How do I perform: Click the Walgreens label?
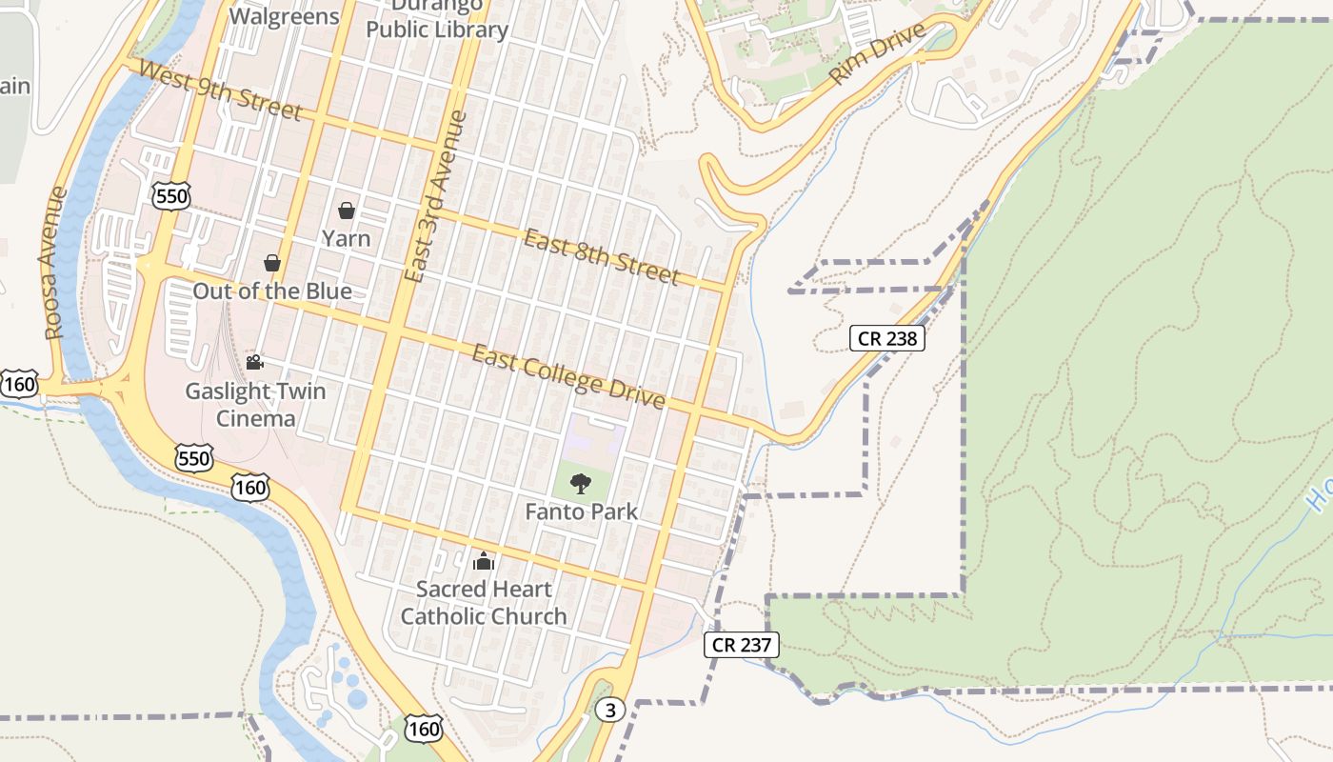pos(285,16)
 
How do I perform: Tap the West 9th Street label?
pos(220,90)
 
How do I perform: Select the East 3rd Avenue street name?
pos(435,196)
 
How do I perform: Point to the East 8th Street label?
pos(601,256)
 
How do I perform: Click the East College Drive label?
pos(568,376)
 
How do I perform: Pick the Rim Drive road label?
pos(878,54)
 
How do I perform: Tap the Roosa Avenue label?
pos(55,263)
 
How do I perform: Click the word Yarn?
pos(346,238)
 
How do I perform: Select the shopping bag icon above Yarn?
pos(347,210)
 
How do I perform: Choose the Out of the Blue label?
pos(272,291)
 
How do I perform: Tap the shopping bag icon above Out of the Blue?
pos(272,262)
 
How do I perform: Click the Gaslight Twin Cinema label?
pos(255,405)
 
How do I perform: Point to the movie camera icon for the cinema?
pos(254,362)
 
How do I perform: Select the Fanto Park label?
pos(582,511)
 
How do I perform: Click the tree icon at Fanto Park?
pos(581,484)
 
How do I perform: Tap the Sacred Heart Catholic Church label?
pos(484,602)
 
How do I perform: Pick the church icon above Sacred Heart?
pos(484,561)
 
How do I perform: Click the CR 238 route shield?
pos(886,337)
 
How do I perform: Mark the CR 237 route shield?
pos(742,645)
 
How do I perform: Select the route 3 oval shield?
pos(610,710)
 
